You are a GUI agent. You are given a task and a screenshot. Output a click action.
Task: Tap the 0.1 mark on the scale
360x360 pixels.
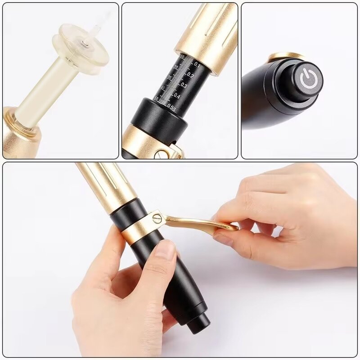(x=197, y=64)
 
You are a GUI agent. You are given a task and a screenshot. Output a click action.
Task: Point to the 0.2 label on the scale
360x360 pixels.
(x=191, y=75)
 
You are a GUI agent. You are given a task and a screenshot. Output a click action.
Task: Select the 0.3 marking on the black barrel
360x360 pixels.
(x=184, y=85)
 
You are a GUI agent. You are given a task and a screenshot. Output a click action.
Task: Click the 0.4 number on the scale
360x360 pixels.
(x=177, y=96)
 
